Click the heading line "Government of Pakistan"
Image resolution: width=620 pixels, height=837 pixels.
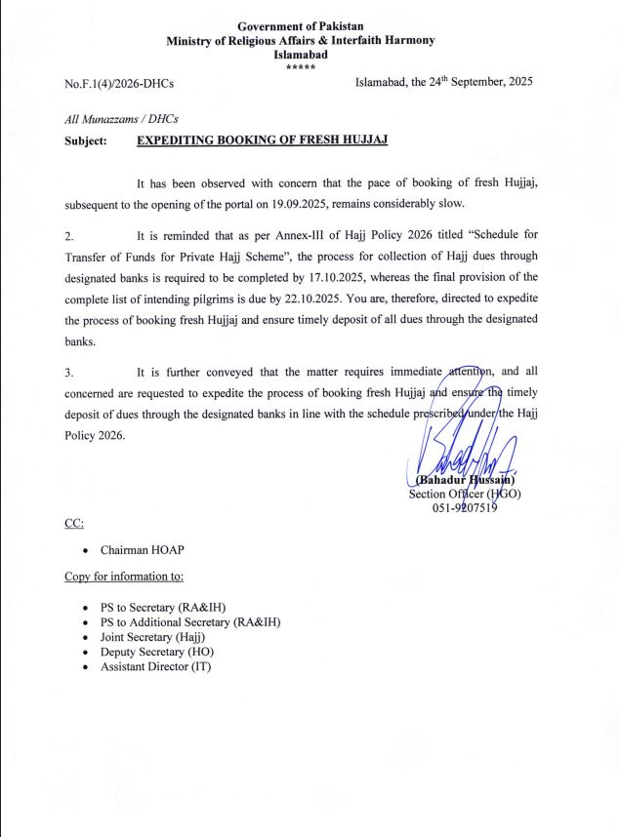(x=300, y=25)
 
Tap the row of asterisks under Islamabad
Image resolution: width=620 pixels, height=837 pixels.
(x=300, y=66)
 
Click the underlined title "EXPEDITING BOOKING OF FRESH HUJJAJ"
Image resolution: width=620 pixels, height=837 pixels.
(x=262, y=139)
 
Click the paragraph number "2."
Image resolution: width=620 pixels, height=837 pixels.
(x=69, y=236)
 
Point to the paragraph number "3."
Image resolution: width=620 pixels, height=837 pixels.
(x=69, y=372)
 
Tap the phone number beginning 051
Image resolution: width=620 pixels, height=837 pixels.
(x=465, y=508)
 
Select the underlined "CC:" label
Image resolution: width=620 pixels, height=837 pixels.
(x=74, y=523)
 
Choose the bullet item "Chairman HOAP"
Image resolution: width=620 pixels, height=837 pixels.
(x=143, y=550)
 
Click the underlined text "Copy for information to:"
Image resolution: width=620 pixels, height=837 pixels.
(x=124, y=577)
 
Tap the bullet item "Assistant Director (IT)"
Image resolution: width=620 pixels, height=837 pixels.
(x=155, y=666)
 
